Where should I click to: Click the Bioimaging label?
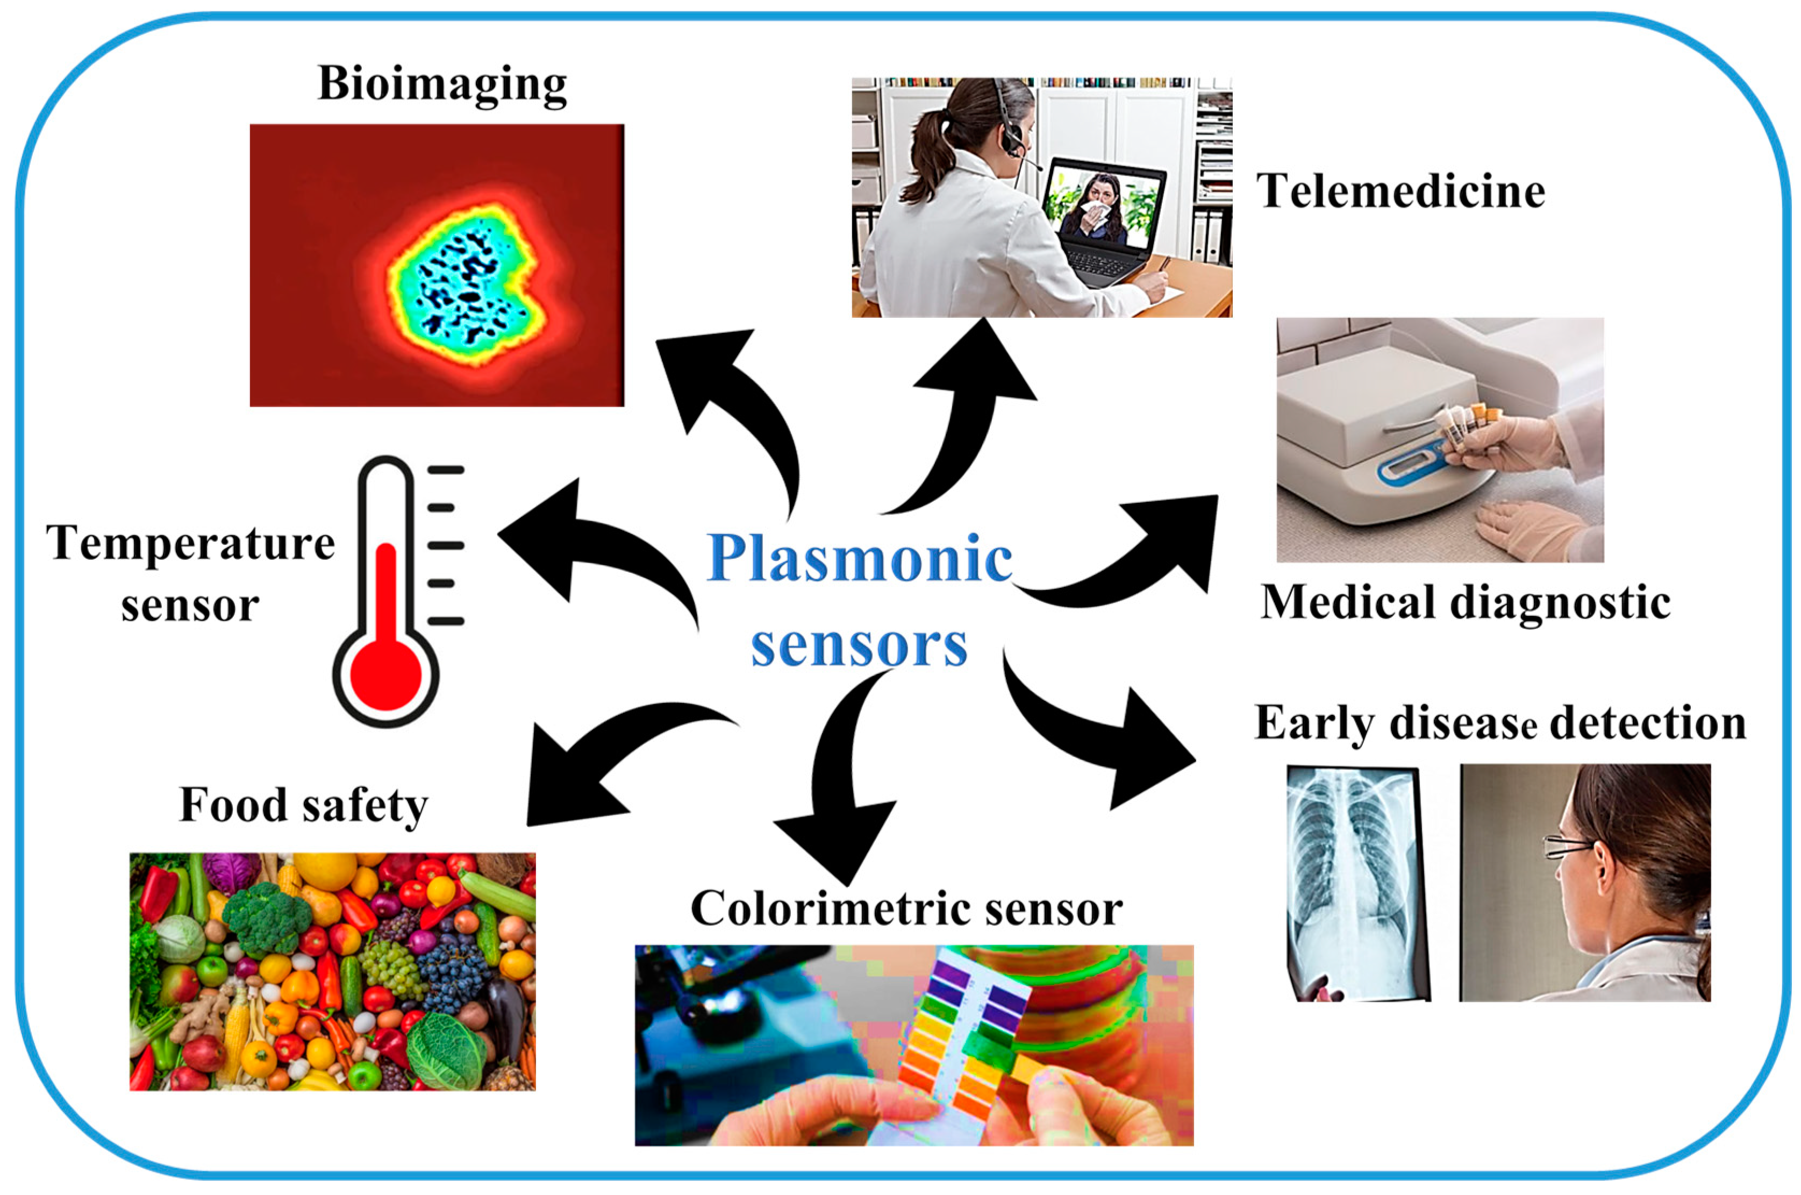click(442, 84)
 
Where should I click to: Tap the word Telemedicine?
click(1400, 190)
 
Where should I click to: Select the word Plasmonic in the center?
click(859, 559)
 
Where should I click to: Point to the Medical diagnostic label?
click(1465, 602)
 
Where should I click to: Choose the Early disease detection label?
click(1500, 722)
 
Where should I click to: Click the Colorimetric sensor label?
click(906, 908)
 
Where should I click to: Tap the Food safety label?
click(303, 806)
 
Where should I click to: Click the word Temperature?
click(190, 543)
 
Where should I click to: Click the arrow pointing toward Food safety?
click(602, 770)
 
